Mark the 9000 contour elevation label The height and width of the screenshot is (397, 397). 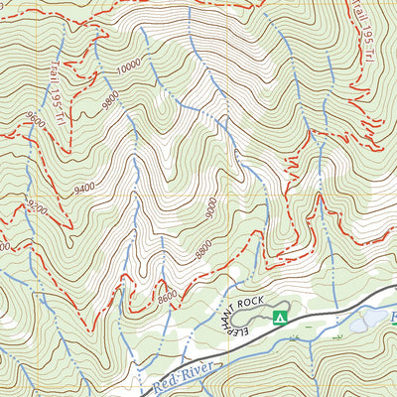pyautogui.click(x=211, y=210)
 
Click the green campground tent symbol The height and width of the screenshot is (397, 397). pyautogui.click(x=280, y=318)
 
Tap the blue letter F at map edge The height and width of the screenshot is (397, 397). pyautogui.click(x=391, y=319)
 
